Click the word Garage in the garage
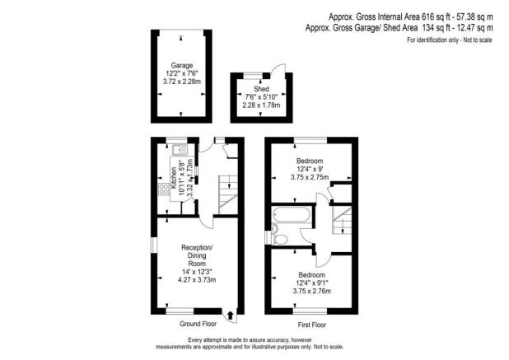(x=181, y=64)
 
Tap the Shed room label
(x=261, y=88)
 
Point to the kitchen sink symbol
(x=178, y=152)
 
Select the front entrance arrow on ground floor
(x=229, y=314)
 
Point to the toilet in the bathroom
(x=278, y=240)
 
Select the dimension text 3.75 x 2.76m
(x=311, y=291)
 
